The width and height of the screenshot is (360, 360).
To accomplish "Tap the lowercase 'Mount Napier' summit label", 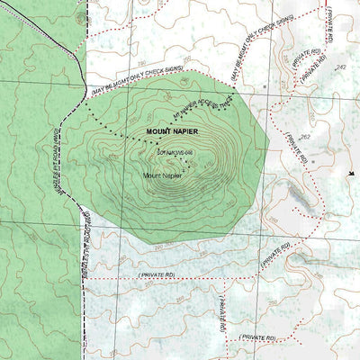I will (162, 175).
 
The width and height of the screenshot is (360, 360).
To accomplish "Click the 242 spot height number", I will (339, 68).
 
